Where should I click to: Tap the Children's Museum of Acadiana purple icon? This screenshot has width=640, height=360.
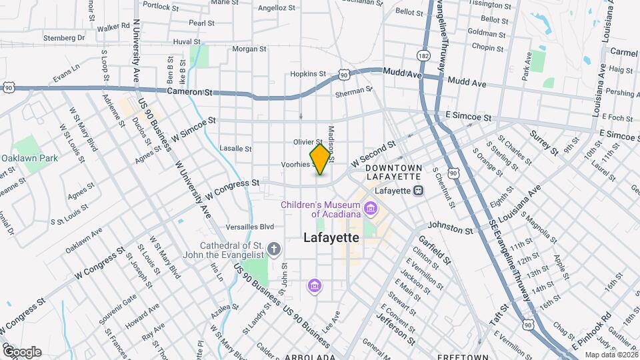371,210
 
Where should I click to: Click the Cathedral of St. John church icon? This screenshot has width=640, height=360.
273,250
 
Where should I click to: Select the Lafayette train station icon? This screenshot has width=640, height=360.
419,191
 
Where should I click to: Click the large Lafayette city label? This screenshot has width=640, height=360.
331,237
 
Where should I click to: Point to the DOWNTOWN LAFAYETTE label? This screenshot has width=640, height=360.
393,172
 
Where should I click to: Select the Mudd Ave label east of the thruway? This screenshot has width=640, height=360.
467,83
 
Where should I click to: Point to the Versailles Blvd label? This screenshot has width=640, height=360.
250,226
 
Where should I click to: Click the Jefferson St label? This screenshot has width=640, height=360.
396,320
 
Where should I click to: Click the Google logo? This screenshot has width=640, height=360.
22,352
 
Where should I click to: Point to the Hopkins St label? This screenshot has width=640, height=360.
308,74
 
